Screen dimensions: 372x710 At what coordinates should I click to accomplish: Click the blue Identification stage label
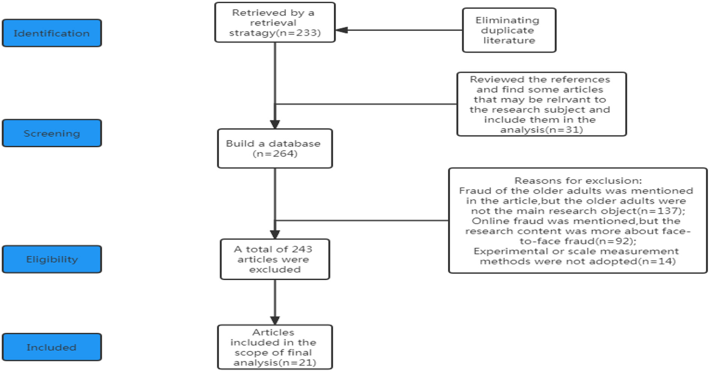52,33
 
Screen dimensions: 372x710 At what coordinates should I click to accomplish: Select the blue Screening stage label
52,133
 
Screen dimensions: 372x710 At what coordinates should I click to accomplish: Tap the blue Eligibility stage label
52,259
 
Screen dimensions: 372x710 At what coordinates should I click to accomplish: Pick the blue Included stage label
52,347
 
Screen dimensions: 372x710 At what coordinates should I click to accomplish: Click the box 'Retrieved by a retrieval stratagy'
274,22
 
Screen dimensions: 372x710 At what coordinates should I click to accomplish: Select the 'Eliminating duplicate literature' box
509,30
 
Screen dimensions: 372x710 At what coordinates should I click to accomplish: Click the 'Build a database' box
274,149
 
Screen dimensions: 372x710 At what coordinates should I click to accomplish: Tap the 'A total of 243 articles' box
274,259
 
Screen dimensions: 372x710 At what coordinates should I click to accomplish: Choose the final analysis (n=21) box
274,347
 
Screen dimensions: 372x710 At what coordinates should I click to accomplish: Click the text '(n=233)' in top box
299,33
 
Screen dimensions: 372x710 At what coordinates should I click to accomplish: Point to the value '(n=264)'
275,154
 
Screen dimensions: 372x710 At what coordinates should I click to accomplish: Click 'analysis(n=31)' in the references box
541,130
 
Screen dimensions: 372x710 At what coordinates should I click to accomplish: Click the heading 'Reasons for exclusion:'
578,181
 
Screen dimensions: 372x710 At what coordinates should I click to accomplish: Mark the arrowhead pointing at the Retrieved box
341,30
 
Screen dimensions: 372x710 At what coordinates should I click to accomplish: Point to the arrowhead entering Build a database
275,124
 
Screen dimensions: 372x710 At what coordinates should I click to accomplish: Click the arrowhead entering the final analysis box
275,320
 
